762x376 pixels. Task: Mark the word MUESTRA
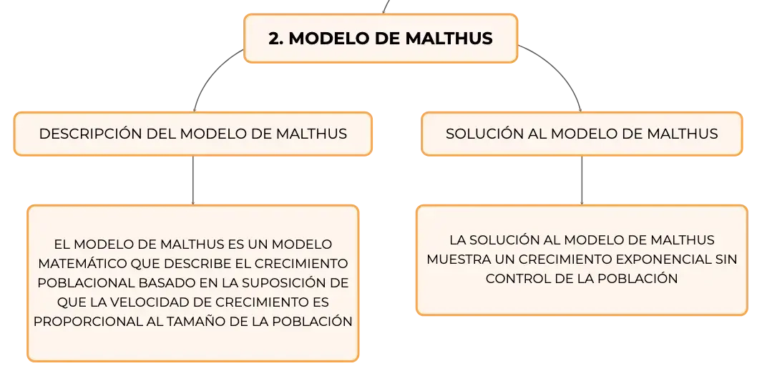[458, 259]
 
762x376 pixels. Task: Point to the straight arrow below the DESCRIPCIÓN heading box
[193, 180]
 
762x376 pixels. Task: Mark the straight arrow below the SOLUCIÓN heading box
[582, 180]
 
